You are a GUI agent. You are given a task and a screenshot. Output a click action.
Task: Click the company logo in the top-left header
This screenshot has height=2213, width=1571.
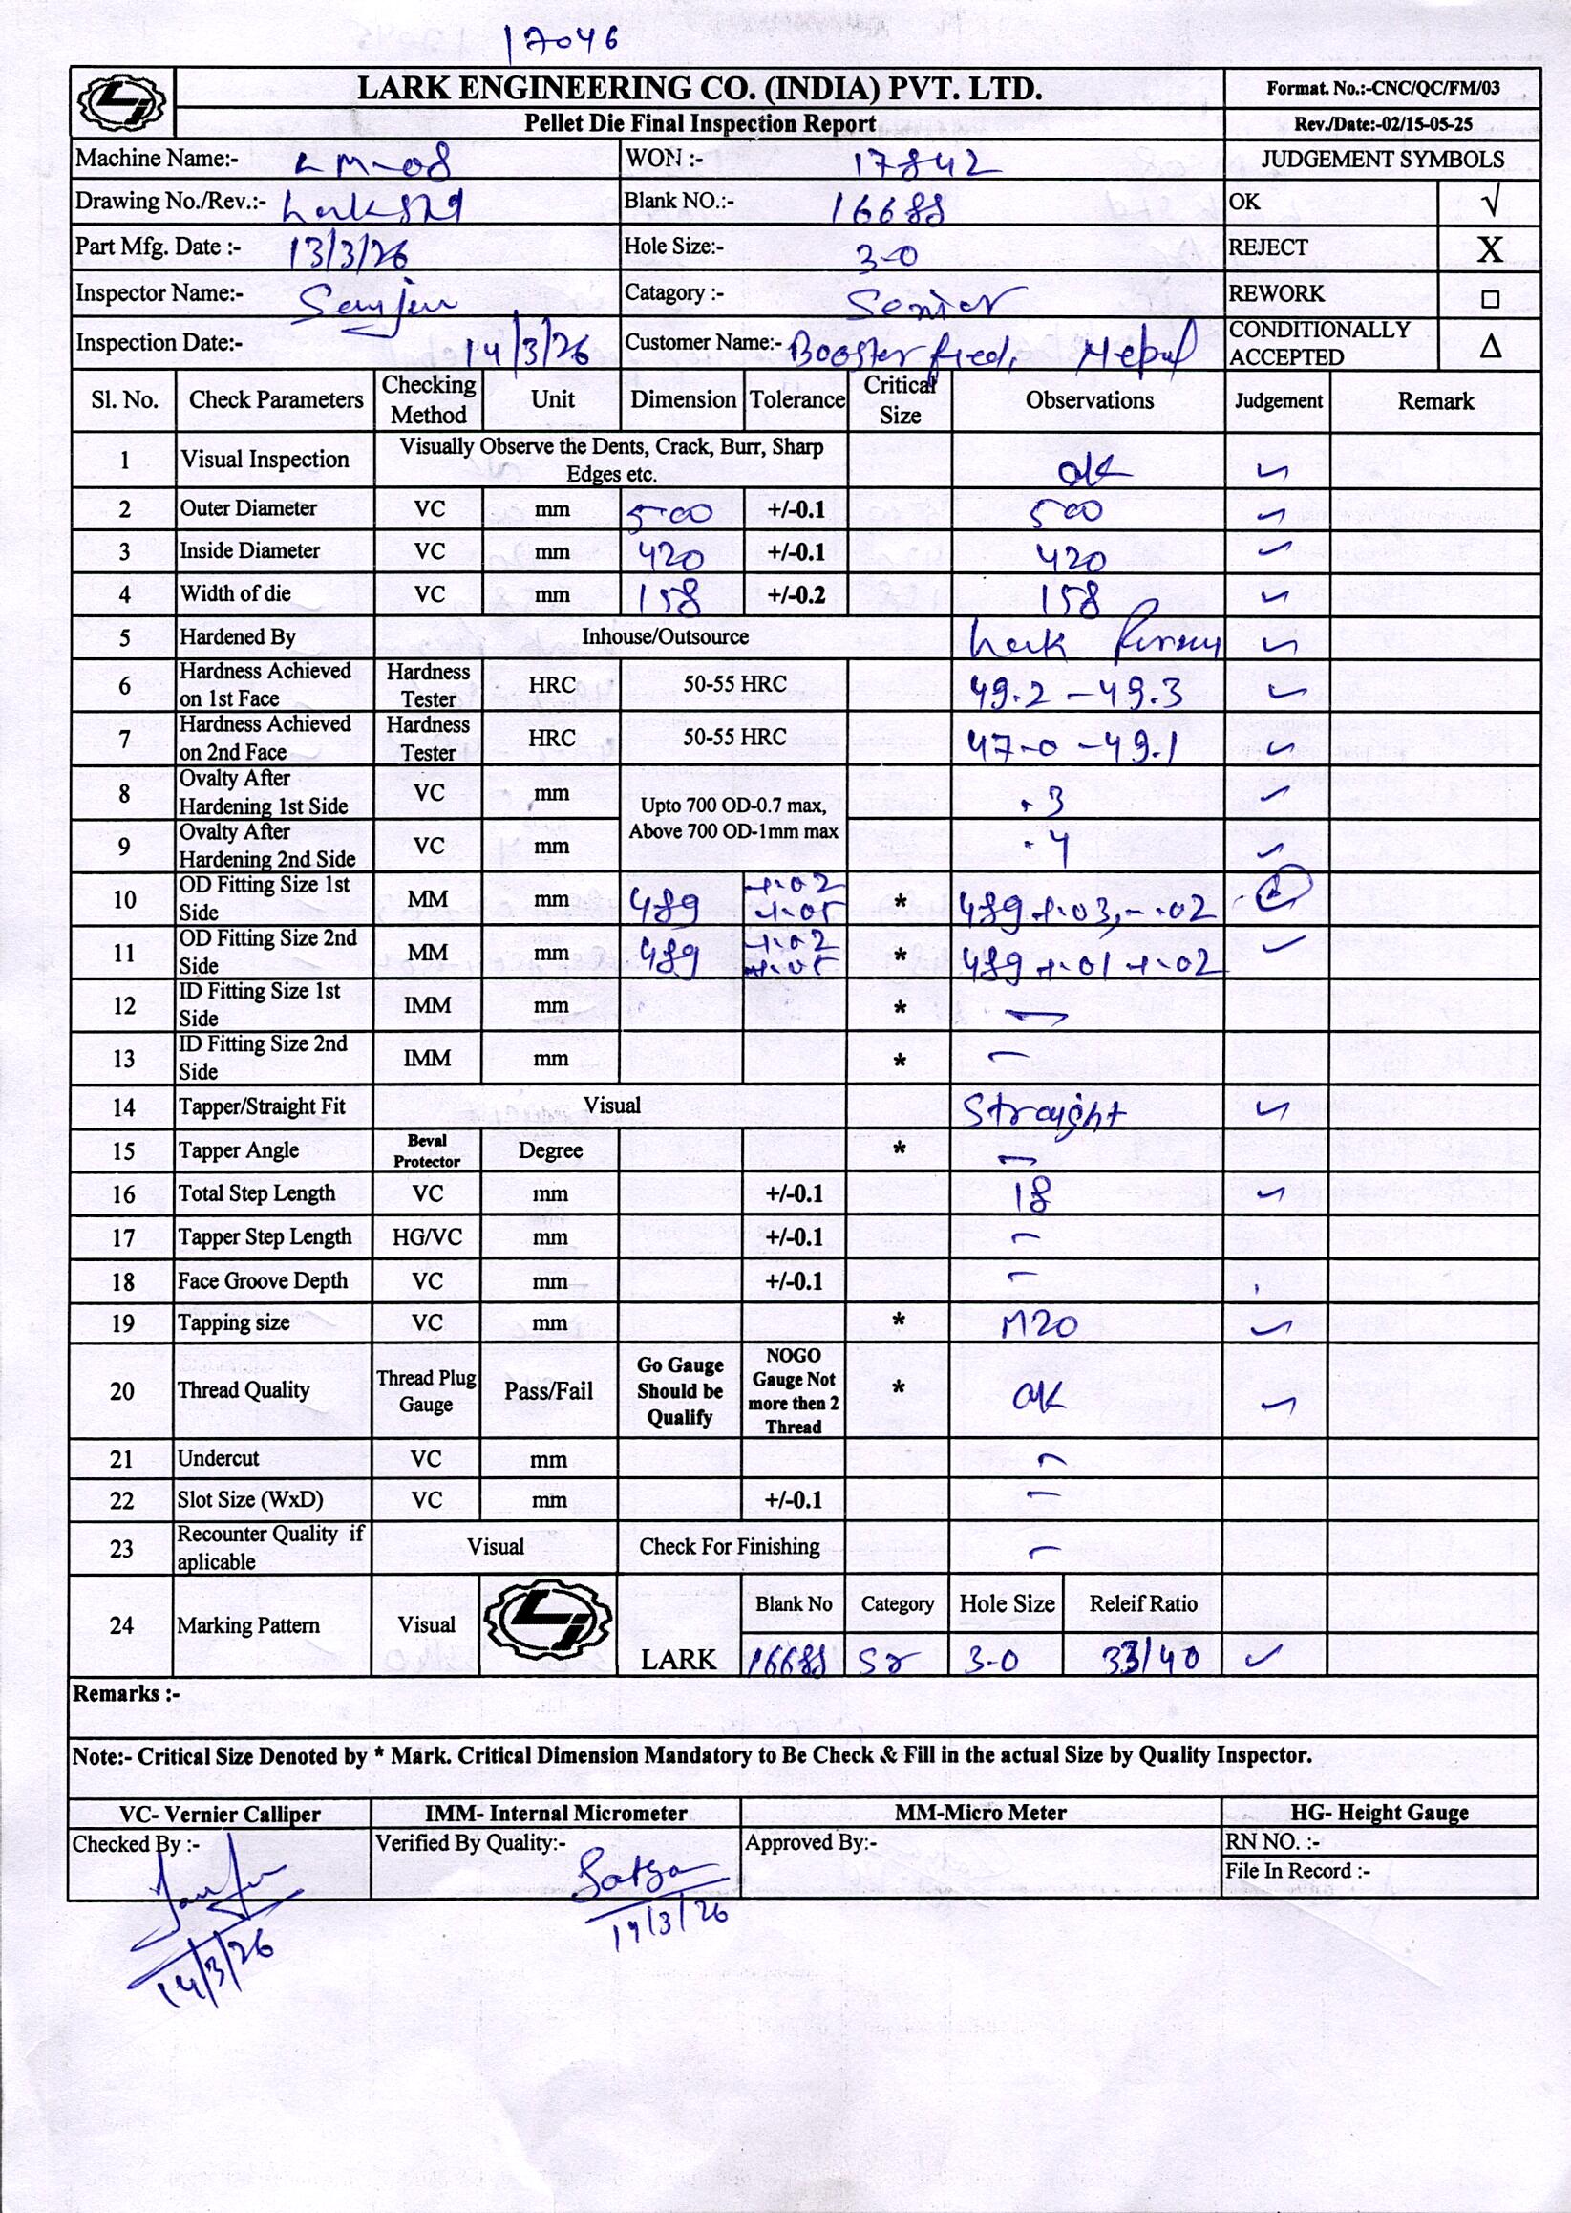pos(122,101)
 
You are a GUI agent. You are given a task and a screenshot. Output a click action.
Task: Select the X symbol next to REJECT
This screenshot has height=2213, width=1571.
pos(1490,248)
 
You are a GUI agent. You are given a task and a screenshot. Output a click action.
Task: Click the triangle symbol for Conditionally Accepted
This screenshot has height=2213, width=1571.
pos(1490,346)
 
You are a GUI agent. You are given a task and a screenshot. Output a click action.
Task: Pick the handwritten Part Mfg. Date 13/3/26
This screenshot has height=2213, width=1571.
pos(349,250)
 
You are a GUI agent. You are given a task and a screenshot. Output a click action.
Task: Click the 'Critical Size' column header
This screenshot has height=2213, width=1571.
pos(900,399)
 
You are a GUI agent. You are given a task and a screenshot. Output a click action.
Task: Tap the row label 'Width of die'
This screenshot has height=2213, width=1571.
pos(235,594)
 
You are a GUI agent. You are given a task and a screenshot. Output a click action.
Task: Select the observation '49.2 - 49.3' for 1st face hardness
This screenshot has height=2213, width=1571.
pos(1075,691)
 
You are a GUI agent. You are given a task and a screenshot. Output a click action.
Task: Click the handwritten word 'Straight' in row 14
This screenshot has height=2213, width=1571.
pos(1044,1112)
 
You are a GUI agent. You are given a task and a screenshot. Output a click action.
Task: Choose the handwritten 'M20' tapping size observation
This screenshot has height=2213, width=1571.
pos(1039,1323)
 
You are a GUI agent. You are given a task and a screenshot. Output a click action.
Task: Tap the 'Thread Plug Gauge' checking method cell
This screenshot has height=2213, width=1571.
pos(427,1391)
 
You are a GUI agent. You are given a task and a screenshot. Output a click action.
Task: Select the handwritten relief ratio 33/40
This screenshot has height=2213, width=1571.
pos(1151,1660)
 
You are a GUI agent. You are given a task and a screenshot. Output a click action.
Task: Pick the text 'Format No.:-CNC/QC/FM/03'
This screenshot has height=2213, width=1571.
pos(1382,88)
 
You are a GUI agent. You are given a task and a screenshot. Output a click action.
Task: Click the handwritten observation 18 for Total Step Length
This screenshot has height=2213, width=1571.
pos(1031,1196)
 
